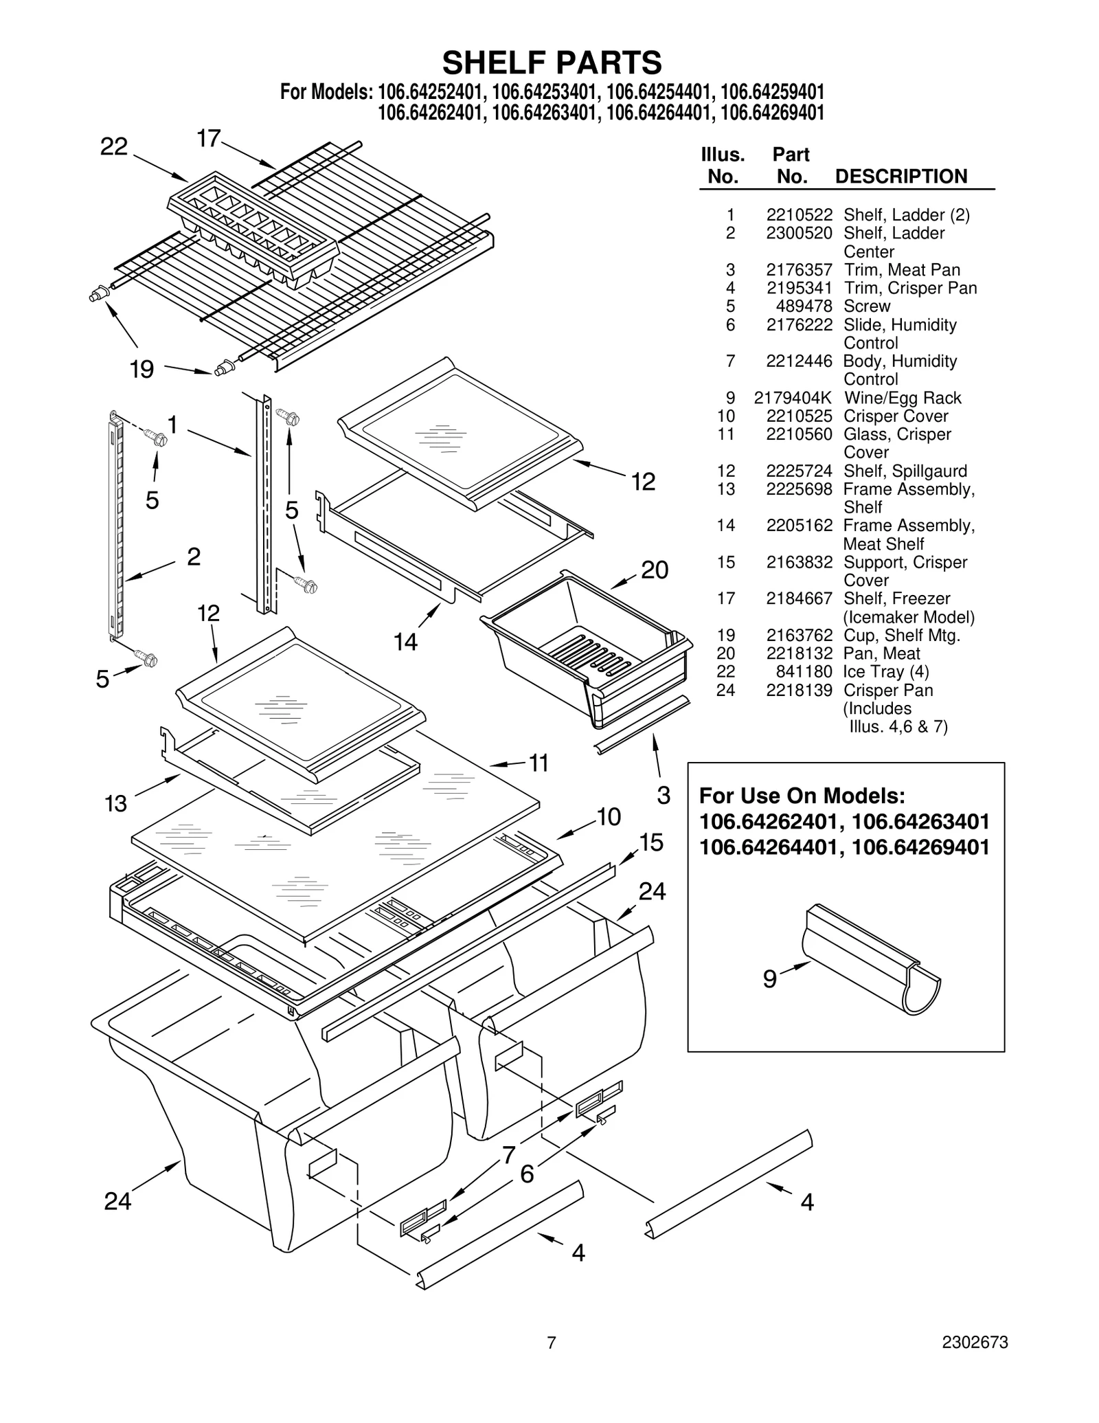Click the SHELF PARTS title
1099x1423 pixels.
(552, 63)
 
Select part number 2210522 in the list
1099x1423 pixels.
(799, 215)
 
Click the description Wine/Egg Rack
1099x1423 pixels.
(903, 398)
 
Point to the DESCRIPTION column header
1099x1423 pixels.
(900, 177)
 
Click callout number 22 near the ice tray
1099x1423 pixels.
(114, 146)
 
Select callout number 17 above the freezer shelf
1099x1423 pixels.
(208, 139)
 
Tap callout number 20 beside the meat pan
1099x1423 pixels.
(654, 570)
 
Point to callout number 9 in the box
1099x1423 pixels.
(769, 978)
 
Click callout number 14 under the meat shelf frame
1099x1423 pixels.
(405, 642)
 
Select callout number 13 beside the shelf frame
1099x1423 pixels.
(115, 803)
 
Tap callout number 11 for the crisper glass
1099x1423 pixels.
(539, 763)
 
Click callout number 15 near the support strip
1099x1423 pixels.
(650, 842)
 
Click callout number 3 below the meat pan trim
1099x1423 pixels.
(663, 795)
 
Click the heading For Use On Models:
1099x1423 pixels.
(802, 796)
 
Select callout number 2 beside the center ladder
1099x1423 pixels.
(194, 557)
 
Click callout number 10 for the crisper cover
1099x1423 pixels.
(609, 817)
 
